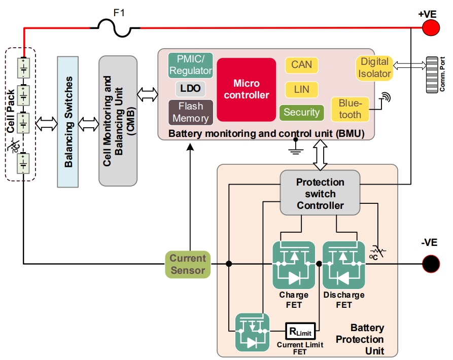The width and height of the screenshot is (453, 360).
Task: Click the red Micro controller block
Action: point(247,90)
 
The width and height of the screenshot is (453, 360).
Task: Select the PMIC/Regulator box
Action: point(190,65)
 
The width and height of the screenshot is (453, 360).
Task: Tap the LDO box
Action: point(190,89)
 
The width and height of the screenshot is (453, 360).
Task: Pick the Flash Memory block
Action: point(190,112)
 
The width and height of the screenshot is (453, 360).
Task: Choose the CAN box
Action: point(301,65)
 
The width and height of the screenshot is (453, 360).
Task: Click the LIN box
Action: point(301,89)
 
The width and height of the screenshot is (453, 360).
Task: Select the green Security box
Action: point(301,113)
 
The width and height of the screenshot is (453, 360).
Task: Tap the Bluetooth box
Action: point(350,109)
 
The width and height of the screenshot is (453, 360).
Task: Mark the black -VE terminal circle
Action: point(431,263)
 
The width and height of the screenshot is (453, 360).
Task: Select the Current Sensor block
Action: point(188,264)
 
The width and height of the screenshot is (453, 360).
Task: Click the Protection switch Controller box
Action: point(320,193)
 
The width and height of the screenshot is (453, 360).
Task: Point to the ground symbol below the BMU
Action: point(295,147)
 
